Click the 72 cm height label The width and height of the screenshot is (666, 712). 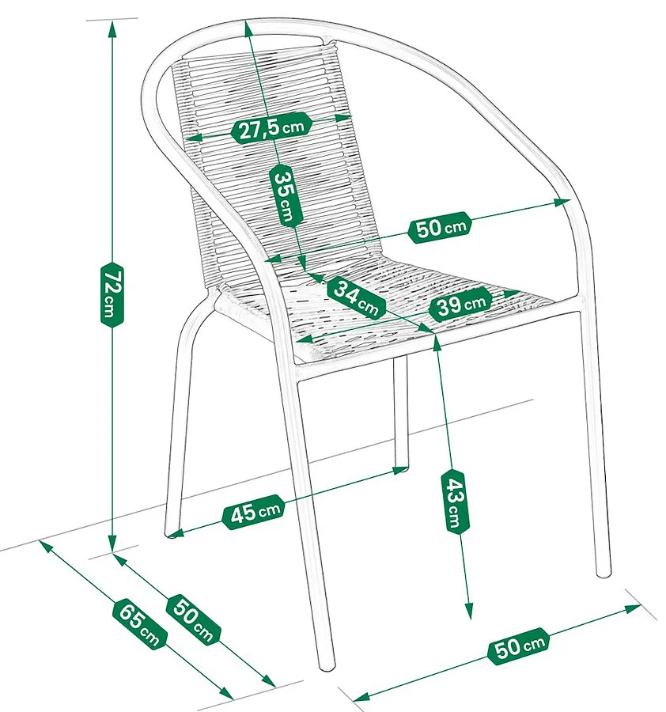pyautogui.click(x=112, y=294)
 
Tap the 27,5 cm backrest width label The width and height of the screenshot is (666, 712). pyautogui.click(x=271, y=128)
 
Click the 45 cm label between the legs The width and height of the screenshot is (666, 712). pyautogui.click(x=254, y=512)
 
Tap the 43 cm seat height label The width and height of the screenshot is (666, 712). pyautogui.click(x=455, y=501)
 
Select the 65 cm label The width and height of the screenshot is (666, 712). pyautogui.click(x=140, y=624)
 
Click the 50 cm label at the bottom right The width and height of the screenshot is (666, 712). pyautogui.click(x=518, y=646)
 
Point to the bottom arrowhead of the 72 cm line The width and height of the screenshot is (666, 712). pyautogui.click(x=112, y=543)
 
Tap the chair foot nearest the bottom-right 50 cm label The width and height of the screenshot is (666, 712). pyautogui.click(x=604, y=572)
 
